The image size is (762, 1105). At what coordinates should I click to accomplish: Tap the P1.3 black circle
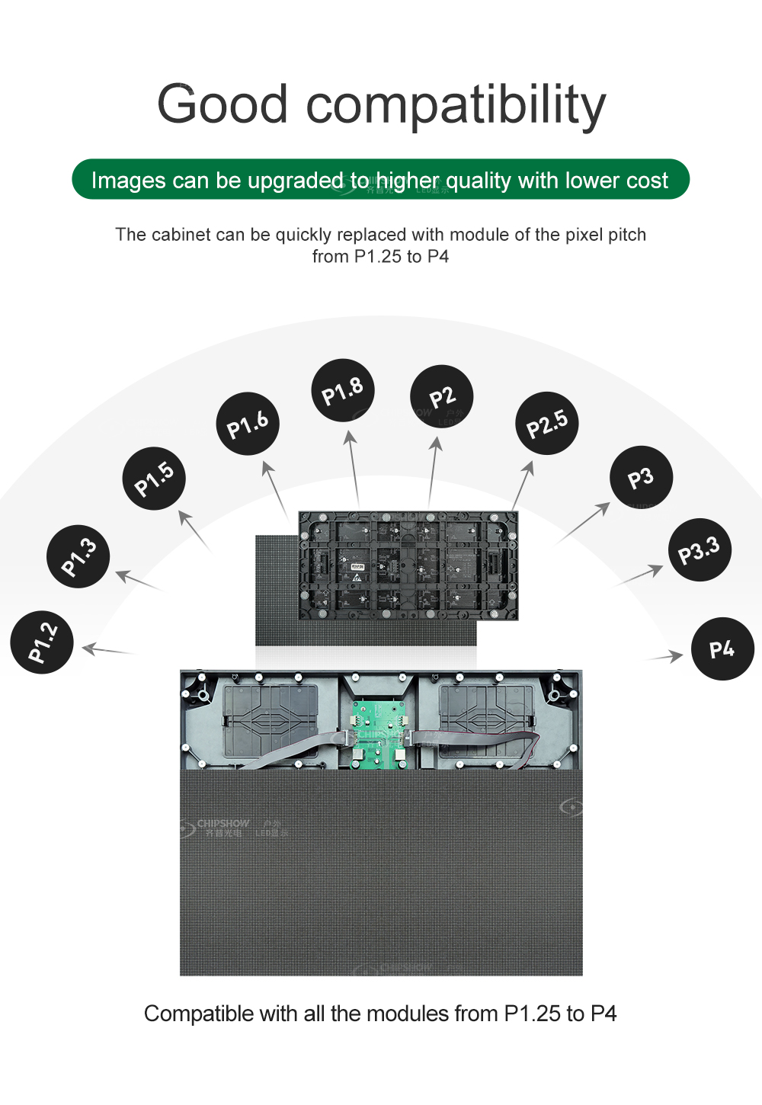tap(78, 556)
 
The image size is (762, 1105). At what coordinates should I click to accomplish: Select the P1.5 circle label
tap(154, 479)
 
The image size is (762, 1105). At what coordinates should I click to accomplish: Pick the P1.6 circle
tap(248, 424)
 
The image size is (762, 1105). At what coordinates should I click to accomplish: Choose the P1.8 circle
tap(343, 390)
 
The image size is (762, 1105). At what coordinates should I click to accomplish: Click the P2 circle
tap(442, 396)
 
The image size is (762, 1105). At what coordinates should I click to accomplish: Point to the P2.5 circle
tap(547, 424)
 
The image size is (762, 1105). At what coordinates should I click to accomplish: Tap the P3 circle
tap(641, 477)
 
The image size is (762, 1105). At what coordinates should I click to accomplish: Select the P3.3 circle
tap(699, 549)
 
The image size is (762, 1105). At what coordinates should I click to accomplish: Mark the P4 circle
tap(722, 649)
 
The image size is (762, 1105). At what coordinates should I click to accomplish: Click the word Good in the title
tap(223, 104)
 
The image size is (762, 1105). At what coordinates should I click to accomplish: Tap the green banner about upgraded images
tap(380, 180)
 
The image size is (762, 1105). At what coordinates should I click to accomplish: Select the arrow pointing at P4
tap(665, 655)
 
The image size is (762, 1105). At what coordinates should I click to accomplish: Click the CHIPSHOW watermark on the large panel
tap(223, 825)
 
